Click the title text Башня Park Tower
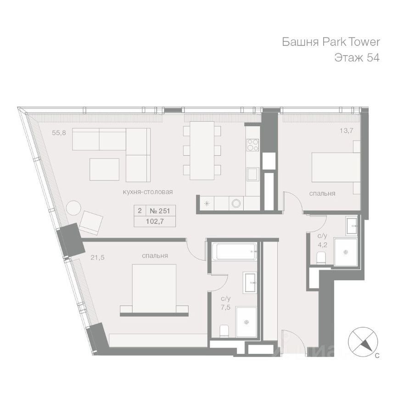tap(331, 42)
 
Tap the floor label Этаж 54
tap(357, 58)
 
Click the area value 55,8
tap(59, 133)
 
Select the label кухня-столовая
tap(148, 192)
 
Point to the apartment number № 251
tap(160, 211)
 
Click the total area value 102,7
tap(155, 221)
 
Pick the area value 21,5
tap(98, 257)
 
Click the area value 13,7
tap(346, 131)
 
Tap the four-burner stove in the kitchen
tap(253, 145)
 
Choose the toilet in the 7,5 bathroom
tap(224, 331)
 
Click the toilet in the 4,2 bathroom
tap(321, 258)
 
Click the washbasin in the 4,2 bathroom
tap(352, 226)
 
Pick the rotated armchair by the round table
tap(91, 223)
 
